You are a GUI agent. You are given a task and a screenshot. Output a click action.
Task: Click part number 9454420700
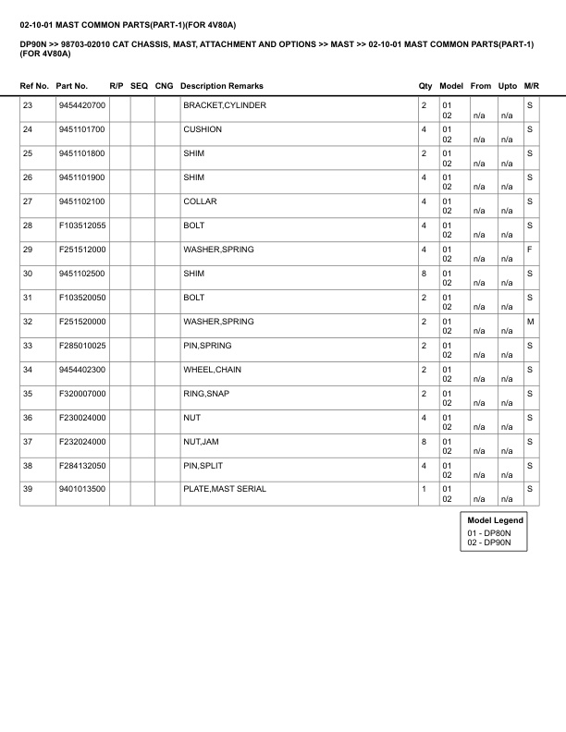click(81, 105)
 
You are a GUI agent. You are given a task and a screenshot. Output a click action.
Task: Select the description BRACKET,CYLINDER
click(225, 105)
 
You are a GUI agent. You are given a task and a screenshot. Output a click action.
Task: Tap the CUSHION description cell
click(203, 129)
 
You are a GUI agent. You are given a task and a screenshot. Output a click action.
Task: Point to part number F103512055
click(81, 226)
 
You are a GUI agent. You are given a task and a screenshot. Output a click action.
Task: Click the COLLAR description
click(201, 201)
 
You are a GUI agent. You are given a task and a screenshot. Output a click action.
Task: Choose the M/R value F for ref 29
click(530, 250)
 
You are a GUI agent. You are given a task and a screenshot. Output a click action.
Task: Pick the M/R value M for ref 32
click(530, 322)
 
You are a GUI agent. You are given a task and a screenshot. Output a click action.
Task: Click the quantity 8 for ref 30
click(424, 274)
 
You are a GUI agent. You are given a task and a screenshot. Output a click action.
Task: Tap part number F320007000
click(81, 394)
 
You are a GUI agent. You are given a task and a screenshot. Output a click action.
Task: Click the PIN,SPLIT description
click(202, 466)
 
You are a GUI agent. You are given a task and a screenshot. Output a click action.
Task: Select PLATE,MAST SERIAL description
click(225, 490)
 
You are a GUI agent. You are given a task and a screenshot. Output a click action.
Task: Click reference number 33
click(27, 346)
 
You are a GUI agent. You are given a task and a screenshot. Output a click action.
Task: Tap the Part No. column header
click(72, 85)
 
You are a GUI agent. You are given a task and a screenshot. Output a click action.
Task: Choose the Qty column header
click(425, 85)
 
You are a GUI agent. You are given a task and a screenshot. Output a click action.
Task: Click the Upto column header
click(508, 85)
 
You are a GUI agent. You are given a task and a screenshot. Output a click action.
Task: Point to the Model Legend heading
click(496, 521)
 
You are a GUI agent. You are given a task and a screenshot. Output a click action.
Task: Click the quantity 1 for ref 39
click(424, 490)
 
